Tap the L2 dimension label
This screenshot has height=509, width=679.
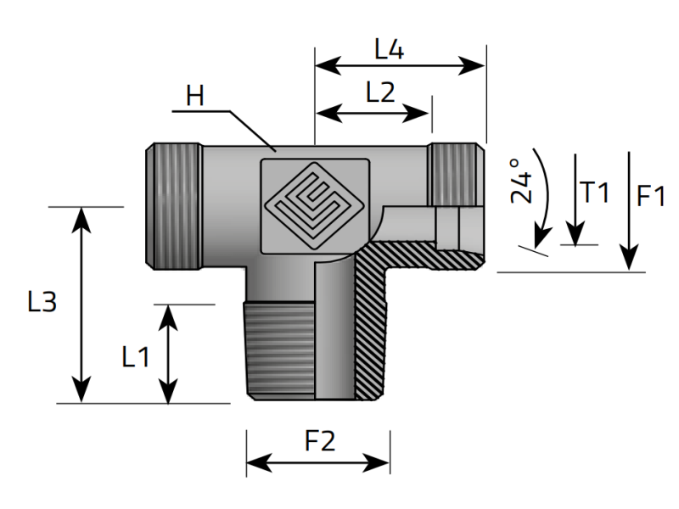(x=380, y=93)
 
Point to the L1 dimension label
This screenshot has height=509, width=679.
(x=135, y=357)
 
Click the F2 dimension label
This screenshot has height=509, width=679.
(x=319, y=441)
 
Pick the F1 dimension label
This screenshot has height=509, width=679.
(x=651, y=197)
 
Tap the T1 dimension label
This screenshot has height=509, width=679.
(x=595, y=193)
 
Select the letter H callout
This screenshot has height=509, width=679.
(x=196, y=96)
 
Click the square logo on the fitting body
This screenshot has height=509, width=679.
(x=316, y=204)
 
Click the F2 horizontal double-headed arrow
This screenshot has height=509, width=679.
(x=318, y=462)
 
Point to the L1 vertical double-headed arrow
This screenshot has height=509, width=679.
(x=169, y=354)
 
